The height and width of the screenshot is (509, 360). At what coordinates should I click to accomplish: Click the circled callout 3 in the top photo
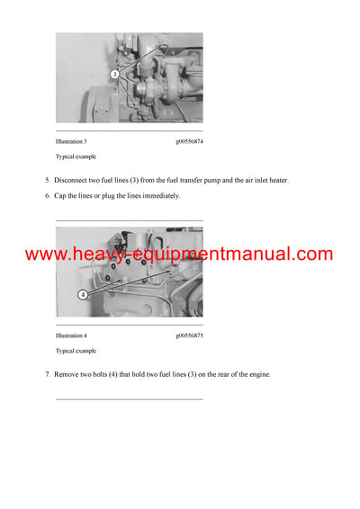pyautogui.click(x=114, y=74)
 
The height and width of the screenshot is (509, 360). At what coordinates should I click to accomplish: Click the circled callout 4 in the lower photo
pyautogui.click(x=83, y=294)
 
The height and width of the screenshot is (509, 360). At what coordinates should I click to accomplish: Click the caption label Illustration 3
pyautogui.click(x=71, y=142)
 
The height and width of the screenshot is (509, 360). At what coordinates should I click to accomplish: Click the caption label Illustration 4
pyautogui.click(x=71, y=335)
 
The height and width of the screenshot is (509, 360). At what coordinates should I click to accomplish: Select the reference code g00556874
pyautogui.click(x=189, y=142)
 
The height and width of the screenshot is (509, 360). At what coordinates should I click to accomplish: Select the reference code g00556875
pyautogui.click(x=189, y=335)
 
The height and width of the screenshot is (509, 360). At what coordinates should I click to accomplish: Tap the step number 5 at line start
pyautogui.click(x=48, y=180)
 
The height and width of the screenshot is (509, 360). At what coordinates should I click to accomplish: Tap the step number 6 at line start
pyautogui.click(x=48, y=195)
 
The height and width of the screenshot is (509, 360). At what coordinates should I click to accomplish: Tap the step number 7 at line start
pyautogui.click(x=48, y=373)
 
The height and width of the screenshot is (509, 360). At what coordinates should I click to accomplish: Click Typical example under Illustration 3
pyautogui.click(x=76, y=157)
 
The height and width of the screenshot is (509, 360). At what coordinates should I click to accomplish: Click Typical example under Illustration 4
pyautogui.click(x=76, y=351)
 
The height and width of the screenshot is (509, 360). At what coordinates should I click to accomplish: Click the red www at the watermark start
pyautogui.click(x=45, y=255)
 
